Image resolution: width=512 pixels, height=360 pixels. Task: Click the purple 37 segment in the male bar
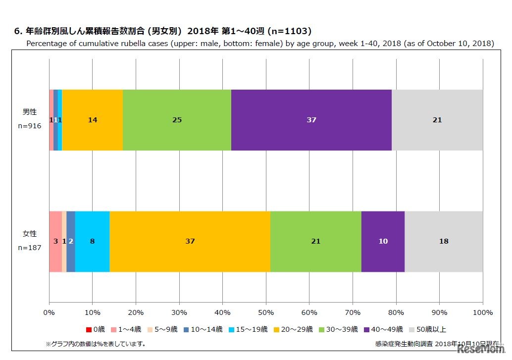311,120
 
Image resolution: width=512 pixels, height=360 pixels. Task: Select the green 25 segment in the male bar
177,120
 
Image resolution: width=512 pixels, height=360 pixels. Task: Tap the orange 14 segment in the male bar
92,120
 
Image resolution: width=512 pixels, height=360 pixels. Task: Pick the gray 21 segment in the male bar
437,120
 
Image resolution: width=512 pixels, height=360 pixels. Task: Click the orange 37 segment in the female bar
190,242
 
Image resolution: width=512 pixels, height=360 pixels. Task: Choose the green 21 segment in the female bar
315,242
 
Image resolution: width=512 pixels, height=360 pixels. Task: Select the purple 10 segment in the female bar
383,242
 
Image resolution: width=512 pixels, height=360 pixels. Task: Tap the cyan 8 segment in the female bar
92,242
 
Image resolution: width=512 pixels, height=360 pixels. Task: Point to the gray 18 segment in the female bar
444,242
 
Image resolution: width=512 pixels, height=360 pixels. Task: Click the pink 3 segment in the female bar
55,242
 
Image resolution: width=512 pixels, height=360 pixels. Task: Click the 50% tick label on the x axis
265,312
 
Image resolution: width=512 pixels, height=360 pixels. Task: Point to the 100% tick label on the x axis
483,312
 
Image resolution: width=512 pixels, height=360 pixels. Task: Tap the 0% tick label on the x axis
49,312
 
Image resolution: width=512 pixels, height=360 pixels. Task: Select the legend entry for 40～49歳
383,329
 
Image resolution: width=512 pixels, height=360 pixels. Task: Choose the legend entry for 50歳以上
428,329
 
